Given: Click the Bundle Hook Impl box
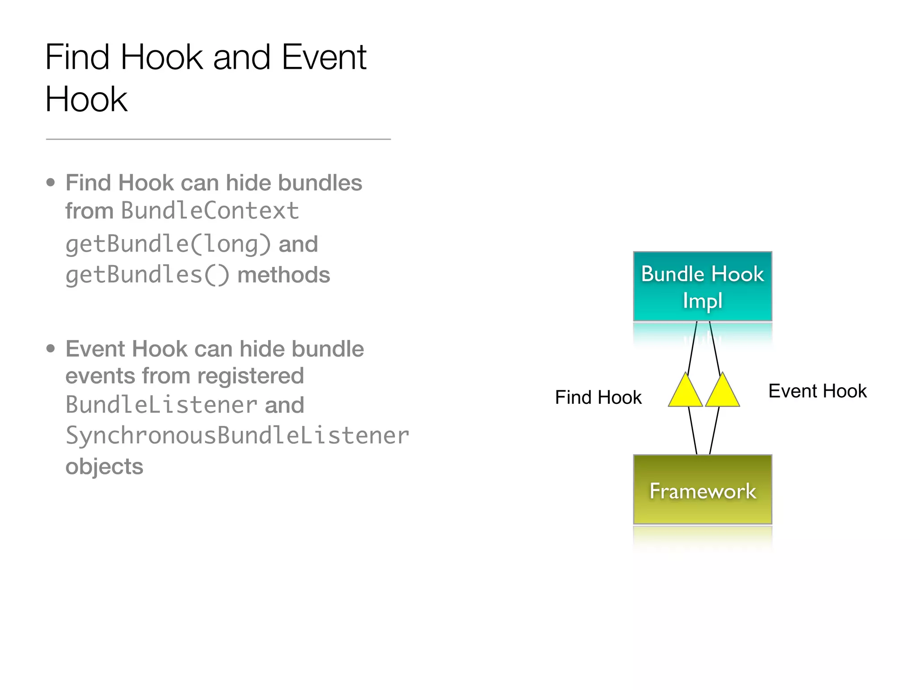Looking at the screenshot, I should point(702,286).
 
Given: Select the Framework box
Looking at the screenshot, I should point(702,490).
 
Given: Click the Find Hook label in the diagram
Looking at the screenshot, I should point(598,398).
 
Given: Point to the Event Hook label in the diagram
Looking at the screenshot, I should point(817,391).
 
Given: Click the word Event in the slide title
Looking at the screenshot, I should point(324,57).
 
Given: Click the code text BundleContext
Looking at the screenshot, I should point(210,211).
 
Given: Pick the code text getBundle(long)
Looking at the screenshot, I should point(168,244).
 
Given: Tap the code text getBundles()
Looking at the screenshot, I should point(147,275).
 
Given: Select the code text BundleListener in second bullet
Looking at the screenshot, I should point(161,405).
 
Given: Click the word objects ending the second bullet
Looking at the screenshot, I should point(104,467).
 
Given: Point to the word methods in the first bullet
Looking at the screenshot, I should point(283,275).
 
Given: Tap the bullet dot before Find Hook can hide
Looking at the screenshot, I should point(50,182).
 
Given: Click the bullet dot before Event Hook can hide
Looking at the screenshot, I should point(50,349).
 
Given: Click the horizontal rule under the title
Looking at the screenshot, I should point(218,139).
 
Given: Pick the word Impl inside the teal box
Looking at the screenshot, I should point(702,301).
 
